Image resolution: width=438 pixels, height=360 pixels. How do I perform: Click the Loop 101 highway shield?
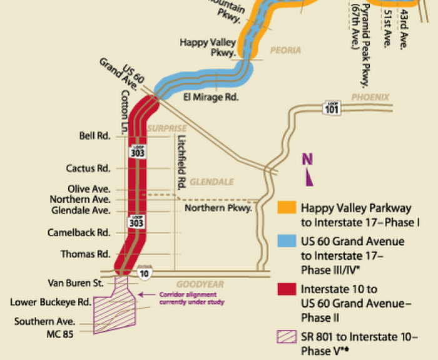coord(332,108)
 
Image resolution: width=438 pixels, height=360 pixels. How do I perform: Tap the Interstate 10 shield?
coord(144,270)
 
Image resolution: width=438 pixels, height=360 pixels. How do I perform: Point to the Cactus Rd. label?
coord(88,168)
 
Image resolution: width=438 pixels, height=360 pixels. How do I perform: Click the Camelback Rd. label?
coord(79,232)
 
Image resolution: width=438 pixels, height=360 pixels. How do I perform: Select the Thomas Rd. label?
coord(86,254)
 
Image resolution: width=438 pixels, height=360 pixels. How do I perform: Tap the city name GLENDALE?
coord(211,182)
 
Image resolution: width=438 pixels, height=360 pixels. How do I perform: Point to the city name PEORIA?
coord(285,50)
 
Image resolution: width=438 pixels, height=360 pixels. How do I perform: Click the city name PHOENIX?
coord(370,97)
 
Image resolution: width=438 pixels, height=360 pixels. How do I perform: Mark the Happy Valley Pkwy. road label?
coord(208,48)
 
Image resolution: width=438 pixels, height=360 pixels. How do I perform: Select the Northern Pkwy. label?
coord(218,208)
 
